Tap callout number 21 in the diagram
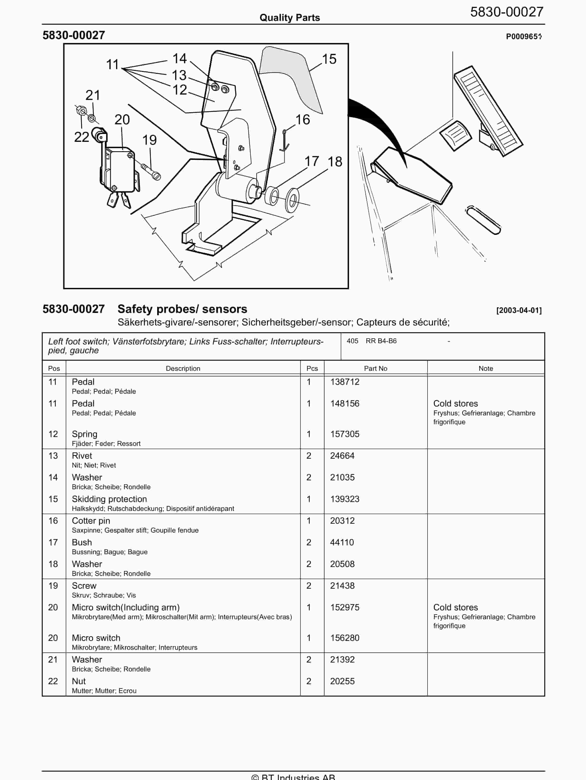point(93,95)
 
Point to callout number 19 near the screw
point(149,140)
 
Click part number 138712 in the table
point(344,382)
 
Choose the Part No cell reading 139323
point(344,499)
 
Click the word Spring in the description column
point(85,434)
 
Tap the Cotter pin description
point(91,521)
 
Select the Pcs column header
point(312,369)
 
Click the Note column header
point(486,369)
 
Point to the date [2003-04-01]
point(519,310)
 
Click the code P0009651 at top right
point(523,37)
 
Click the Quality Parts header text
point(290,18)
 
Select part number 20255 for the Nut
point(342,681)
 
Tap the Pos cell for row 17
point(53,542)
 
